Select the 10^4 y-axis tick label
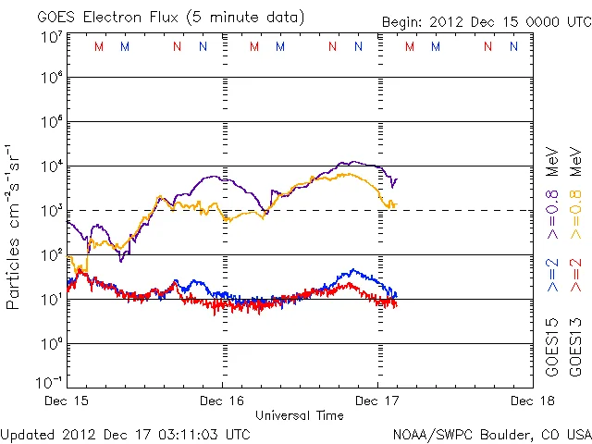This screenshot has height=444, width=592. pyautogui.click(x=50, y=166)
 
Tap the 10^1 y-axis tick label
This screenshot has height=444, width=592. pyautogui.click(x=50, y=299)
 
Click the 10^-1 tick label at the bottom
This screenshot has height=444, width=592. pyautogui.click(x=50, y=382)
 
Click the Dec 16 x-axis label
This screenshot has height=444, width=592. pyautogui.click(x=222, y=401)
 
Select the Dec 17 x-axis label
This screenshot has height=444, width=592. pyautogui.click(x=377, y=401)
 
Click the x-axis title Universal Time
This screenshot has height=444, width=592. pyautogui.click(x=299, y=415)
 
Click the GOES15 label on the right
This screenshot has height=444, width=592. pyautogui.click(x=552, y=347)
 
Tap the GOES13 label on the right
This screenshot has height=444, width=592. pyautogui.click(x=574, y=347)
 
